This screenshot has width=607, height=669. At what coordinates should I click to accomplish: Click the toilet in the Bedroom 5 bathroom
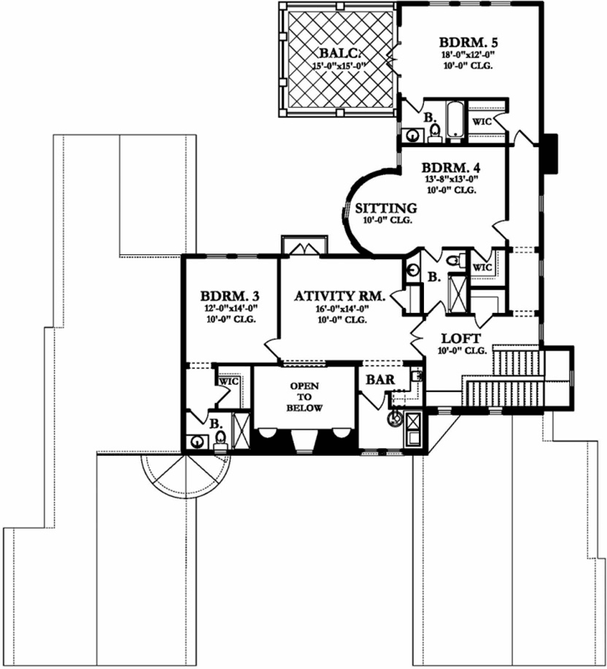(x=435, y=131)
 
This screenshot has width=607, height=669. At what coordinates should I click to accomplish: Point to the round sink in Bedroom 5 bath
(x=413, y=135)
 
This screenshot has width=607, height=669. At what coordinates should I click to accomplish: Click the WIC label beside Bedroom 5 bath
(x=482, y=121)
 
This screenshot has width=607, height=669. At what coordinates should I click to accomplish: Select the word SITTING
(x=385, y=207)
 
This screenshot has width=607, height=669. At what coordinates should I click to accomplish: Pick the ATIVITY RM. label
(x=339, y=296)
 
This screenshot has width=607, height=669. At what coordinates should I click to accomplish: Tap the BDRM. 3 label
(x=229, y=296)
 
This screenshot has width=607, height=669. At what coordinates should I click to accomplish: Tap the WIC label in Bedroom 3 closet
(x=228, y=381)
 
